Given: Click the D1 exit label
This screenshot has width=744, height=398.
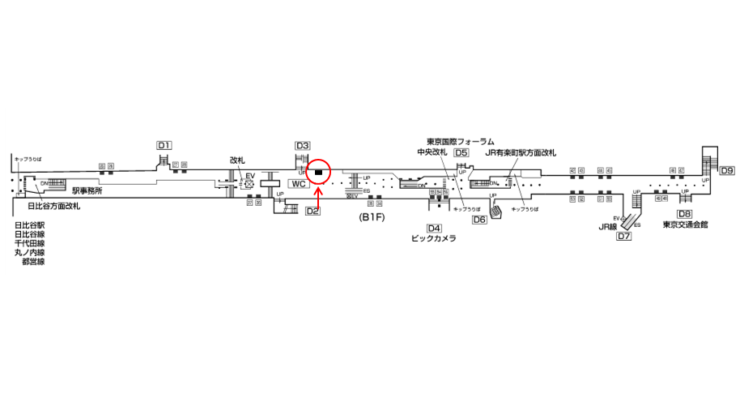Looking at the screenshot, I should (x=164, y=145).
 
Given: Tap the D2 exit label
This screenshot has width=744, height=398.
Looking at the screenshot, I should (x=313, y=212).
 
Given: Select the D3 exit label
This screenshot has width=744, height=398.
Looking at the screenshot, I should (x=302, y=146).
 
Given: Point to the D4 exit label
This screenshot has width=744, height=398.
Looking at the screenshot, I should (x=435, y=228).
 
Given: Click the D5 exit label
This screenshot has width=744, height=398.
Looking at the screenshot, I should (x=461, y=152).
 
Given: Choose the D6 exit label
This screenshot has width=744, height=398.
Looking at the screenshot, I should (x=479, y=219).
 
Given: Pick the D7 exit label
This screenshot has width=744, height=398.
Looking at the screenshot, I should (x=623, y=237).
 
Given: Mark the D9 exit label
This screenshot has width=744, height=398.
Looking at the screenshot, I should (x=727, y=170).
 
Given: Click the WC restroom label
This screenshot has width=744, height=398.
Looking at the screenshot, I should (x=299, y=184).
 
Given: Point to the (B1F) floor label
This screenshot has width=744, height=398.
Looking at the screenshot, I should (x=371, y=217).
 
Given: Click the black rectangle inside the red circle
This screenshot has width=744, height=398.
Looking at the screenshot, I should (x=319, y=172).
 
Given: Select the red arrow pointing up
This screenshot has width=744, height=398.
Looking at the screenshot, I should (x=319, y=195).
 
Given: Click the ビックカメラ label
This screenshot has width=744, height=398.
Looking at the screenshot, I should (x=434, y=239).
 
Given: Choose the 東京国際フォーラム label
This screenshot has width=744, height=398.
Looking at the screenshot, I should (x=460, y=141).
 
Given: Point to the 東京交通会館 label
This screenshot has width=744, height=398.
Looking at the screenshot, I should (x=685, y=225).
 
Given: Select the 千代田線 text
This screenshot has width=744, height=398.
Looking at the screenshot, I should (x=30, y=243).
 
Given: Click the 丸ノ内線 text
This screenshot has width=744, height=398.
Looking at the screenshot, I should (x=30, y=253).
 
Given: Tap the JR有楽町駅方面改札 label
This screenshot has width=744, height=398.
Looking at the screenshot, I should (x=521, y=152).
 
